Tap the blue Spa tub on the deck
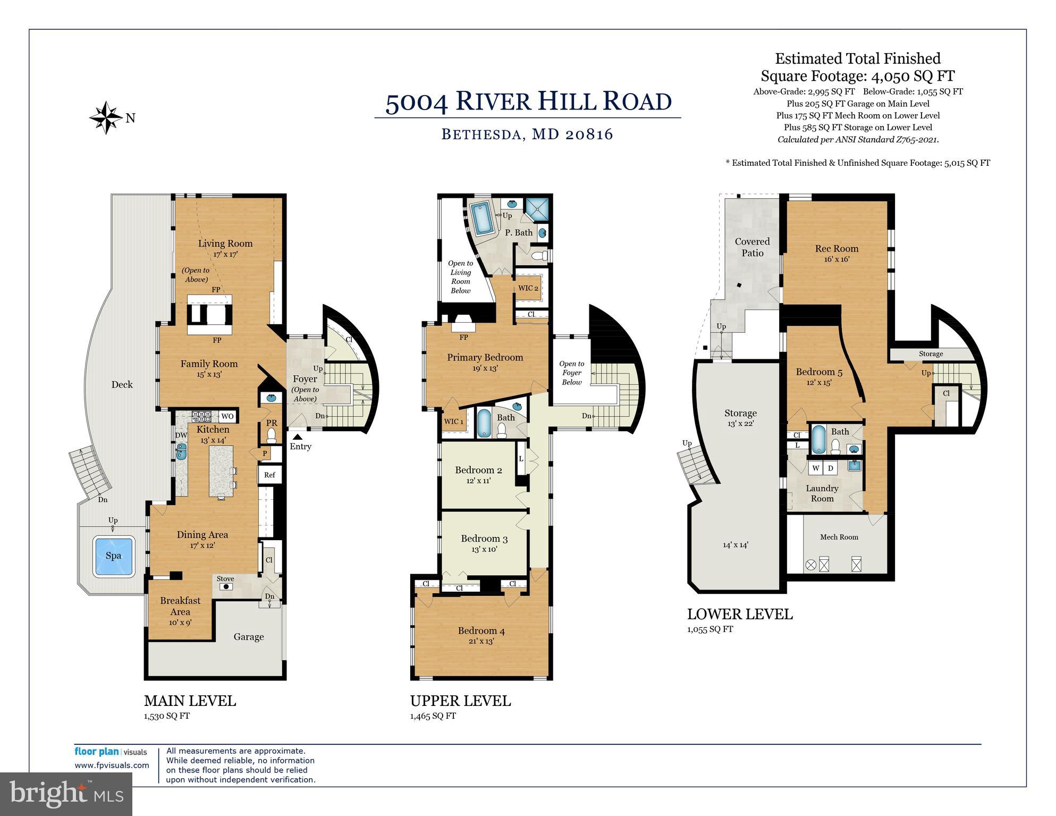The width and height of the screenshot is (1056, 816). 113,556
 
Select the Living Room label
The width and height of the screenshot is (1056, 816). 225,243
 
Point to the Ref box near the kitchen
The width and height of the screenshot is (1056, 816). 269,475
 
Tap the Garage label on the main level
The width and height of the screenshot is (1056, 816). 249,636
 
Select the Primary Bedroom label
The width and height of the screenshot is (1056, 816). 485,357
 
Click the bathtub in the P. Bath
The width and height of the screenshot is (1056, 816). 483,218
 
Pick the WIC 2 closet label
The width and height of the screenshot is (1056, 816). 528,288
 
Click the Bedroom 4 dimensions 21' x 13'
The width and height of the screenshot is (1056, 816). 481,641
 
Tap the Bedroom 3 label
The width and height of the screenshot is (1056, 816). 484,539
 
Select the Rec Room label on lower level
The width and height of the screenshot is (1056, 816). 837,248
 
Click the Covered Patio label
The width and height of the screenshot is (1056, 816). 753,247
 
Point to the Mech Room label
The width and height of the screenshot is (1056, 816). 839,537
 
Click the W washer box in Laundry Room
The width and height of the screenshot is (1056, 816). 815,468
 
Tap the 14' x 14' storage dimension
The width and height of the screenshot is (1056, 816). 736,544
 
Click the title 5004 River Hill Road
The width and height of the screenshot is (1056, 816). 528,101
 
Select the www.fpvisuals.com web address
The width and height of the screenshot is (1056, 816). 112,765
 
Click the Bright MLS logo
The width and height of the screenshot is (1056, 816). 66,794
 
